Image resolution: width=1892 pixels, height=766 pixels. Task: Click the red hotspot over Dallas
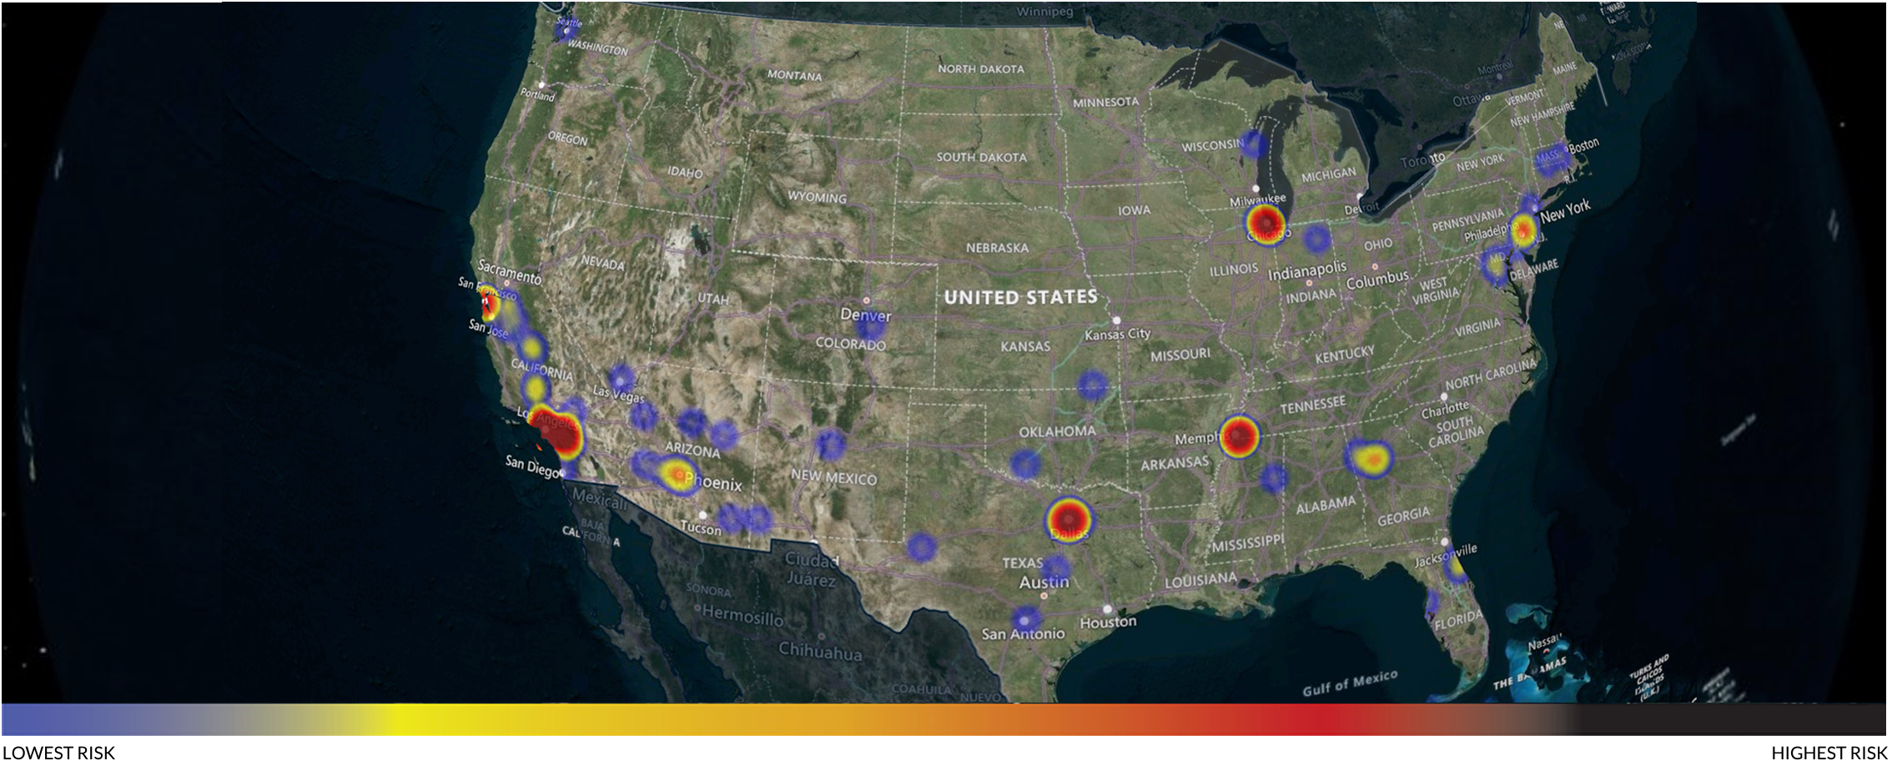1069,520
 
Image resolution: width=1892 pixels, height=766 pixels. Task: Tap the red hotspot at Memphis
1239,436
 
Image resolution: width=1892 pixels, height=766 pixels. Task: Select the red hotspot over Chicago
1266,224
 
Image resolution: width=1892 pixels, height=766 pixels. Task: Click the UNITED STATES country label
1020,297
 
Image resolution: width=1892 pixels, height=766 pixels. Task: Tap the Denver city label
866,315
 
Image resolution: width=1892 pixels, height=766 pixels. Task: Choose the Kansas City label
1117,335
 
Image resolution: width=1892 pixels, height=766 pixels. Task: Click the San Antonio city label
1023,634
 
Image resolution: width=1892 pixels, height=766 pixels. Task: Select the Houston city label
1108,622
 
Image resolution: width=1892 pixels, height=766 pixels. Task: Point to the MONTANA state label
794,76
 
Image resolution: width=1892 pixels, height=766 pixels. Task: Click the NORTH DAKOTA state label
980,69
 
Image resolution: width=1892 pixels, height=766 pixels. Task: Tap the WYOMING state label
817,198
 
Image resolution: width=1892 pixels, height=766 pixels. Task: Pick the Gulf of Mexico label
1349,683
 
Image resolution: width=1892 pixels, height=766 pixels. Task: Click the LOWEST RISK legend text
58,753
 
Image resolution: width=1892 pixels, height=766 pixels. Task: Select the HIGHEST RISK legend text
1829,753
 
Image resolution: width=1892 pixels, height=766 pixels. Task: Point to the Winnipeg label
1044,12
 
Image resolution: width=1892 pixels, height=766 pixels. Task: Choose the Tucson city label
700,529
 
